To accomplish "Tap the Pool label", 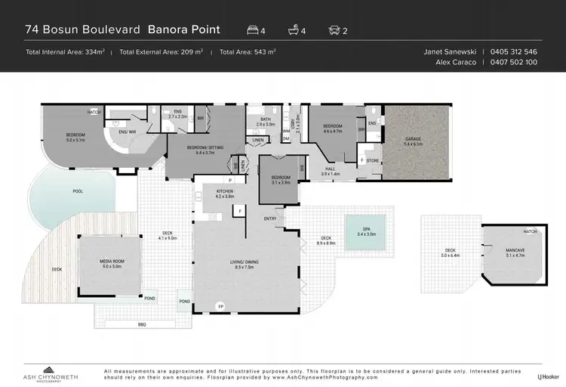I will pyautogui.click(x=78, y=191).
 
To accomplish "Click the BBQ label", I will pyautogui.click(x=141, y=324).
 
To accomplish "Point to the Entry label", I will pyautogui.click(x=270, y=219).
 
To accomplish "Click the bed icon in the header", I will pyautogui.click(x=254, y=30).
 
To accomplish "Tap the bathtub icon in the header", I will pyautogui.click(x=294, y=30).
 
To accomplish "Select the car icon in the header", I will pyautogui.click(x=335, y=30).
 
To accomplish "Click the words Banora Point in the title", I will pyautogui.click(x=184, y=29).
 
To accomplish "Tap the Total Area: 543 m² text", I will pyautogui.click(x=248, y=52).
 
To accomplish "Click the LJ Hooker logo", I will pyautogui.click(x=548, y=376).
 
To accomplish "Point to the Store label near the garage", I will pyautogui.click(x=372, y=159).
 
